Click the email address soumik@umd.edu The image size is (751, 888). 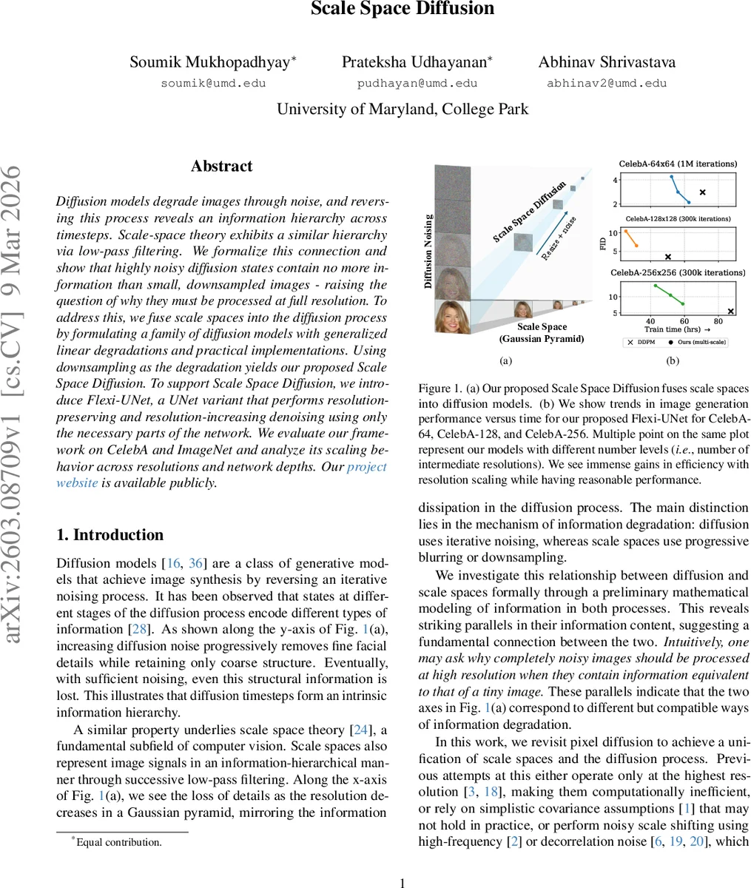click(x=213, y=84)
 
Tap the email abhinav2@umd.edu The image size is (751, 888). click(x=607, y=84)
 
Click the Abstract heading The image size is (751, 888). click(x=221, y=166)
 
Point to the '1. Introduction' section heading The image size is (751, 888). click(x=110, y=535)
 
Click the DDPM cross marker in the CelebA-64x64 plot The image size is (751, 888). click(x=702, y=192)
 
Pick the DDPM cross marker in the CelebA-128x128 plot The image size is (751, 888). click(x=668, y=257)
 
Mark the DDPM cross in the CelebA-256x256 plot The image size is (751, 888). click(x=731, y=312)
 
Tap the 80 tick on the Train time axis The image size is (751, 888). click(x=718, y=322)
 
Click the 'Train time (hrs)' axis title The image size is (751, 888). click(x=676, y=329)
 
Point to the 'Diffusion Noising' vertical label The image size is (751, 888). click(x=428, y=251)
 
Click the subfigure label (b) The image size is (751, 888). click(x=673, y=361)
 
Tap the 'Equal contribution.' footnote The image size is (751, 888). click(x=118, y=842)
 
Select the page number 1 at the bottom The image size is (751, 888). click(x=403, y=883)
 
